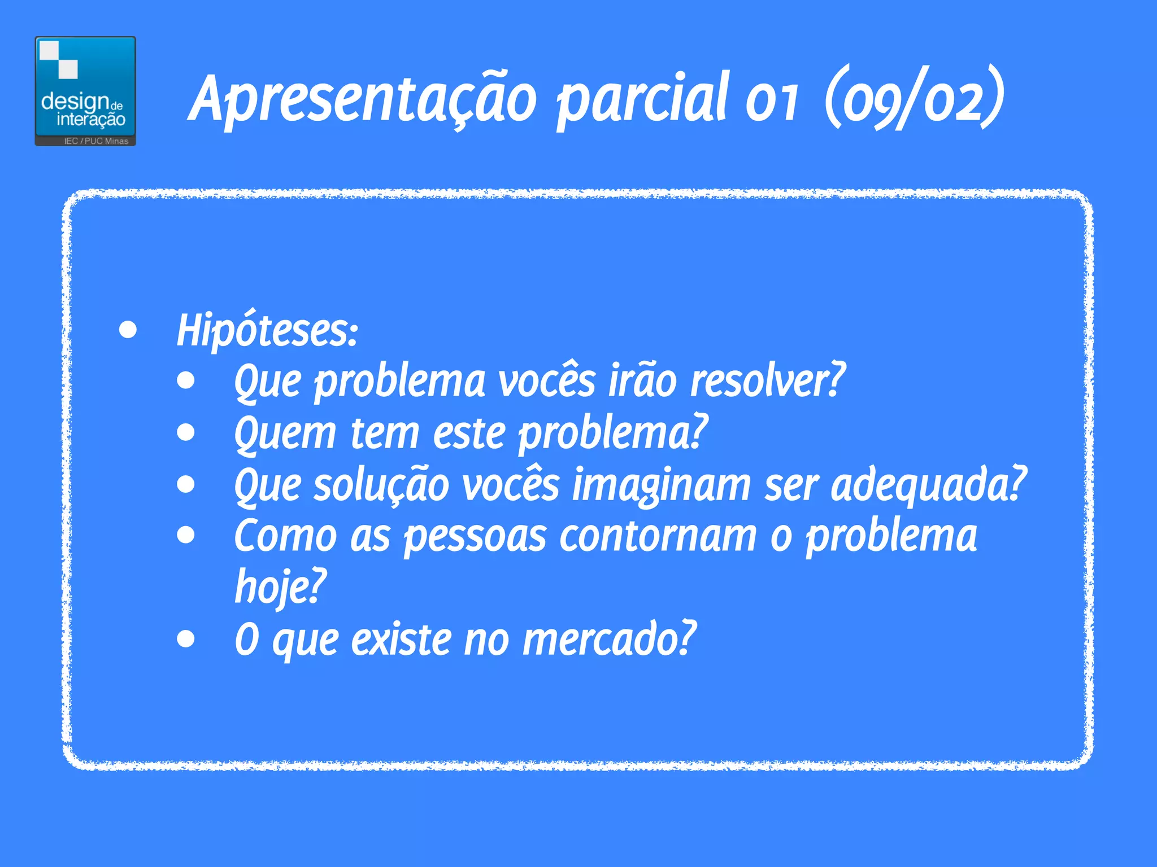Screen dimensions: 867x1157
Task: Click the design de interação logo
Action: pos(85,90)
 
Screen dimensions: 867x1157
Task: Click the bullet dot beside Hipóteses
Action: pos(128,330)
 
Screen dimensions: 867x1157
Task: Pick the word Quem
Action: pos(285,433)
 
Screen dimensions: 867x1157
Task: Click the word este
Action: pos(469,433)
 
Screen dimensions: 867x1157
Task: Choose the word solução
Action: pos(381,485)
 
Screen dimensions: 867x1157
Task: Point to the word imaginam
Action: pos(662,485)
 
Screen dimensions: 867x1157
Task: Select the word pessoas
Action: pos(475,536)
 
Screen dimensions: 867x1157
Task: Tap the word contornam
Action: pos(658,536)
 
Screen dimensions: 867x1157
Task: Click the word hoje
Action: pos(280,587)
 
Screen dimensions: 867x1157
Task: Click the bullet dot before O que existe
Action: pos(185,639)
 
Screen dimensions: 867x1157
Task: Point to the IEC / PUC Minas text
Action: pos(96,141)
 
